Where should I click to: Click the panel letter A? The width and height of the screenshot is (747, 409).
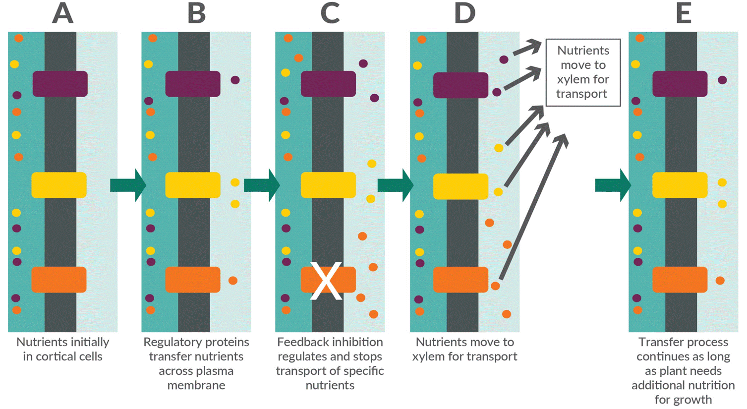pyautogui.click(x=63, y=13)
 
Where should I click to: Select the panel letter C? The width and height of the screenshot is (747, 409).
pyautogui.click(x=330, y=13)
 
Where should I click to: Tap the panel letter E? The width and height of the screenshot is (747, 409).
pyautogui.click(x=684, y=13)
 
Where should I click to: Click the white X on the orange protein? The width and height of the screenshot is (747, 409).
pyautogui.click(x=326, y=281)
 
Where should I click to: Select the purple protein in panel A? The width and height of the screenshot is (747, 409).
pyautogui.click(x=60, y=84)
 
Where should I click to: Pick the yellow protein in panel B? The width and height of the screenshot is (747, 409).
pyautogui.click(x=193, y=185)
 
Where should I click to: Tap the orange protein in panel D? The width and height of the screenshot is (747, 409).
pyautogui.click(x=460, y=280)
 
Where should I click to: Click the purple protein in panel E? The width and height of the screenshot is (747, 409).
pyautogui.click(x=680, y=84)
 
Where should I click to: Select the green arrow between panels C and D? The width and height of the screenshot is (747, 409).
pyautogui.click(x=395, y=185)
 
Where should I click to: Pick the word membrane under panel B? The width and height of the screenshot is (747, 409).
pyautogui.click(x=196, y=385)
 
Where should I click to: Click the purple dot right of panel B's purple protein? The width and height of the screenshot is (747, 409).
pyautogui.click(x=235, y=80)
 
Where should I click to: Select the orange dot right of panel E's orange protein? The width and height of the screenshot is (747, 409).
pyautogui.click(x=720, y=281)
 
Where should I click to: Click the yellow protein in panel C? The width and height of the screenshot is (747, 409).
pyautogui.click(x=328, y=185)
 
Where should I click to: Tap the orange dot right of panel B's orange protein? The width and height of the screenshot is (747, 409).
pyautogui.click(x=232, y=281)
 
